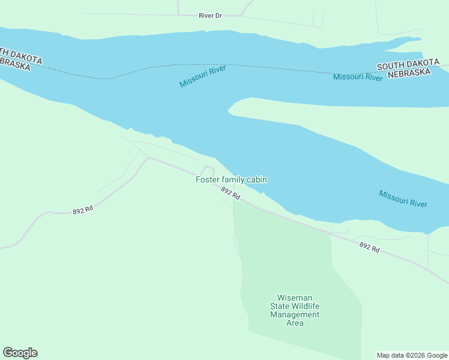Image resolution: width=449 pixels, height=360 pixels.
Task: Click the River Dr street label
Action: pos(211,16)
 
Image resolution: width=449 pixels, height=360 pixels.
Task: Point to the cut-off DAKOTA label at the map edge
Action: pos(22,58)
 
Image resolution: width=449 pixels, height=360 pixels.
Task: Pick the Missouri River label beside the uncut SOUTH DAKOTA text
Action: pos(358,77)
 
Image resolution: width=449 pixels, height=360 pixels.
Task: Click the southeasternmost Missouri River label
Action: pos(403,199)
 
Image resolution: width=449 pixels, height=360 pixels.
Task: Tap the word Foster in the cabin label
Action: pos(208,179)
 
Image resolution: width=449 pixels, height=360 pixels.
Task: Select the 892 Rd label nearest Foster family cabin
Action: pos(231,193)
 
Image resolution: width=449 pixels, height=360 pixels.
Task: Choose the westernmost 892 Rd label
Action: pos(83,211)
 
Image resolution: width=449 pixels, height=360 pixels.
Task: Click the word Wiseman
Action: pos(295,298)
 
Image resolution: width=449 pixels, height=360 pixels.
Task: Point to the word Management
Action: pos(295,314)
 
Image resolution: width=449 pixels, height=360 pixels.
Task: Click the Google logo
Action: pos(20,353)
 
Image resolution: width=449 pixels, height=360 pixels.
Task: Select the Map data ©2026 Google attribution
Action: pos(412,355)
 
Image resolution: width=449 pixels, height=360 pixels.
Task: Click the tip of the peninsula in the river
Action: pos(230,110)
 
